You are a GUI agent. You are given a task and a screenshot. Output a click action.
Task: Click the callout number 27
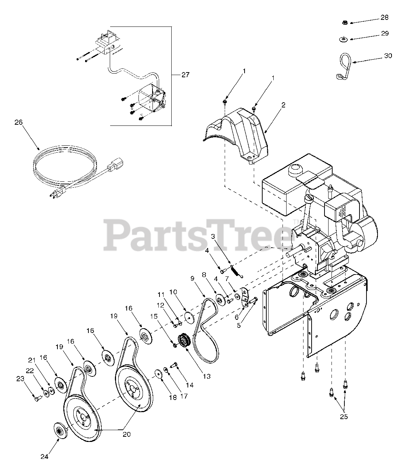185,75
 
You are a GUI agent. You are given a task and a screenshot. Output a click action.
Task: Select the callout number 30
388,56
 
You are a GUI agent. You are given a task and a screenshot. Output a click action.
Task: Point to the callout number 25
343,417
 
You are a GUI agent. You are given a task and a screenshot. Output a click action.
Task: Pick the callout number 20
126,434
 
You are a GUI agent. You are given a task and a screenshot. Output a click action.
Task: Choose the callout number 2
283,105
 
